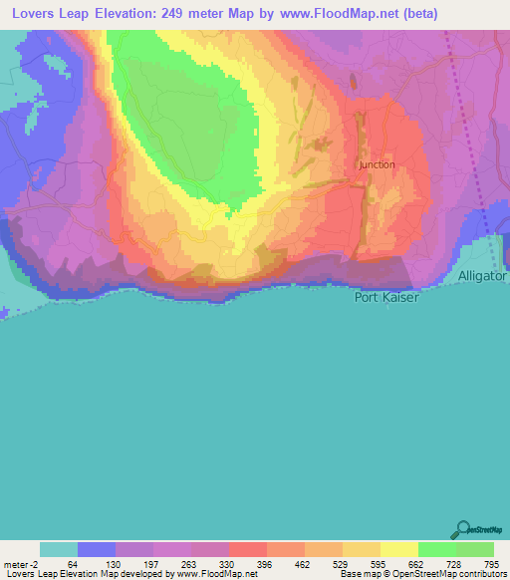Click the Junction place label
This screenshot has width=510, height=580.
click(377, 164)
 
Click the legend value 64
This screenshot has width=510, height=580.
click(73, 564)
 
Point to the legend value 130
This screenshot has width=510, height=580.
click(113, 564)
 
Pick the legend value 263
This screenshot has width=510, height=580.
click(188, 564)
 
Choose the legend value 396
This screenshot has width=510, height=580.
click(264, 564)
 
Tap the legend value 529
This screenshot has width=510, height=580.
click(340, 564)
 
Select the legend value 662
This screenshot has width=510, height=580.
click(415, 564)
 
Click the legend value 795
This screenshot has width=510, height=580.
click(491, 564)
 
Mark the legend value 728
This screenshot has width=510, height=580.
click(453, 564)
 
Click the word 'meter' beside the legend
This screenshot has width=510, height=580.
click(16, 564)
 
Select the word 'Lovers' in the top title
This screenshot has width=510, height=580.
click(35, 15)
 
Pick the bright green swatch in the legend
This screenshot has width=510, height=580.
click(436, 549)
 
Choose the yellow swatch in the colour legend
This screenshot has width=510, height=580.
click(398, 549)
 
